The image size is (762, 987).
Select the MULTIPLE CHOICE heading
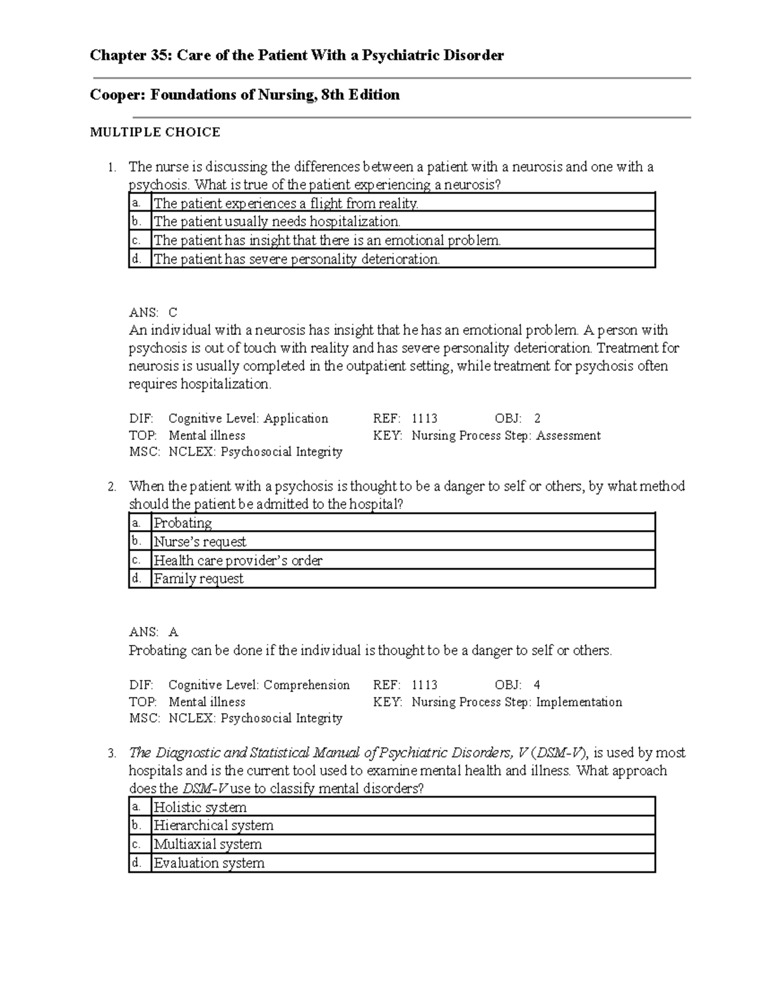(155, 132)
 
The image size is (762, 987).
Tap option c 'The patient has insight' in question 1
(327, 240)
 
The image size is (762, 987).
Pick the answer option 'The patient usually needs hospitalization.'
(277, 222)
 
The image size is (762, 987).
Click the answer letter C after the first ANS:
(173, 313)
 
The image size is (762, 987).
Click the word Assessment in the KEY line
(568, 435)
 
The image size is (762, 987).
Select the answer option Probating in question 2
(183, 523)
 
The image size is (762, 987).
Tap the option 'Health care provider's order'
(238, 561)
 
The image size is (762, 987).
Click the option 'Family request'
(198, 579)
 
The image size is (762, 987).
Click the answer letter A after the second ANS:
(173, 632)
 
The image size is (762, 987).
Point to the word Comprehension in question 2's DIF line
(306, 685)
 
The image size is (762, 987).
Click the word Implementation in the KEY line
(579, 702)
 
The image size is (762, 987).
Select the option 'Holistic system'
(200, 808)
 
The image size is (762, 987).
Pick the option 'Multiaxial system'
(208, 845)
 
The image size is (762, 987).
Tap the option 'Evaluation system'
(209, 863)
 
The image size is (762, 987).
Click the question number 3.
(112, 754)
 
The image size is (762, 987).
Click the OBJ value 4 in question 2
(537, 685)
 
